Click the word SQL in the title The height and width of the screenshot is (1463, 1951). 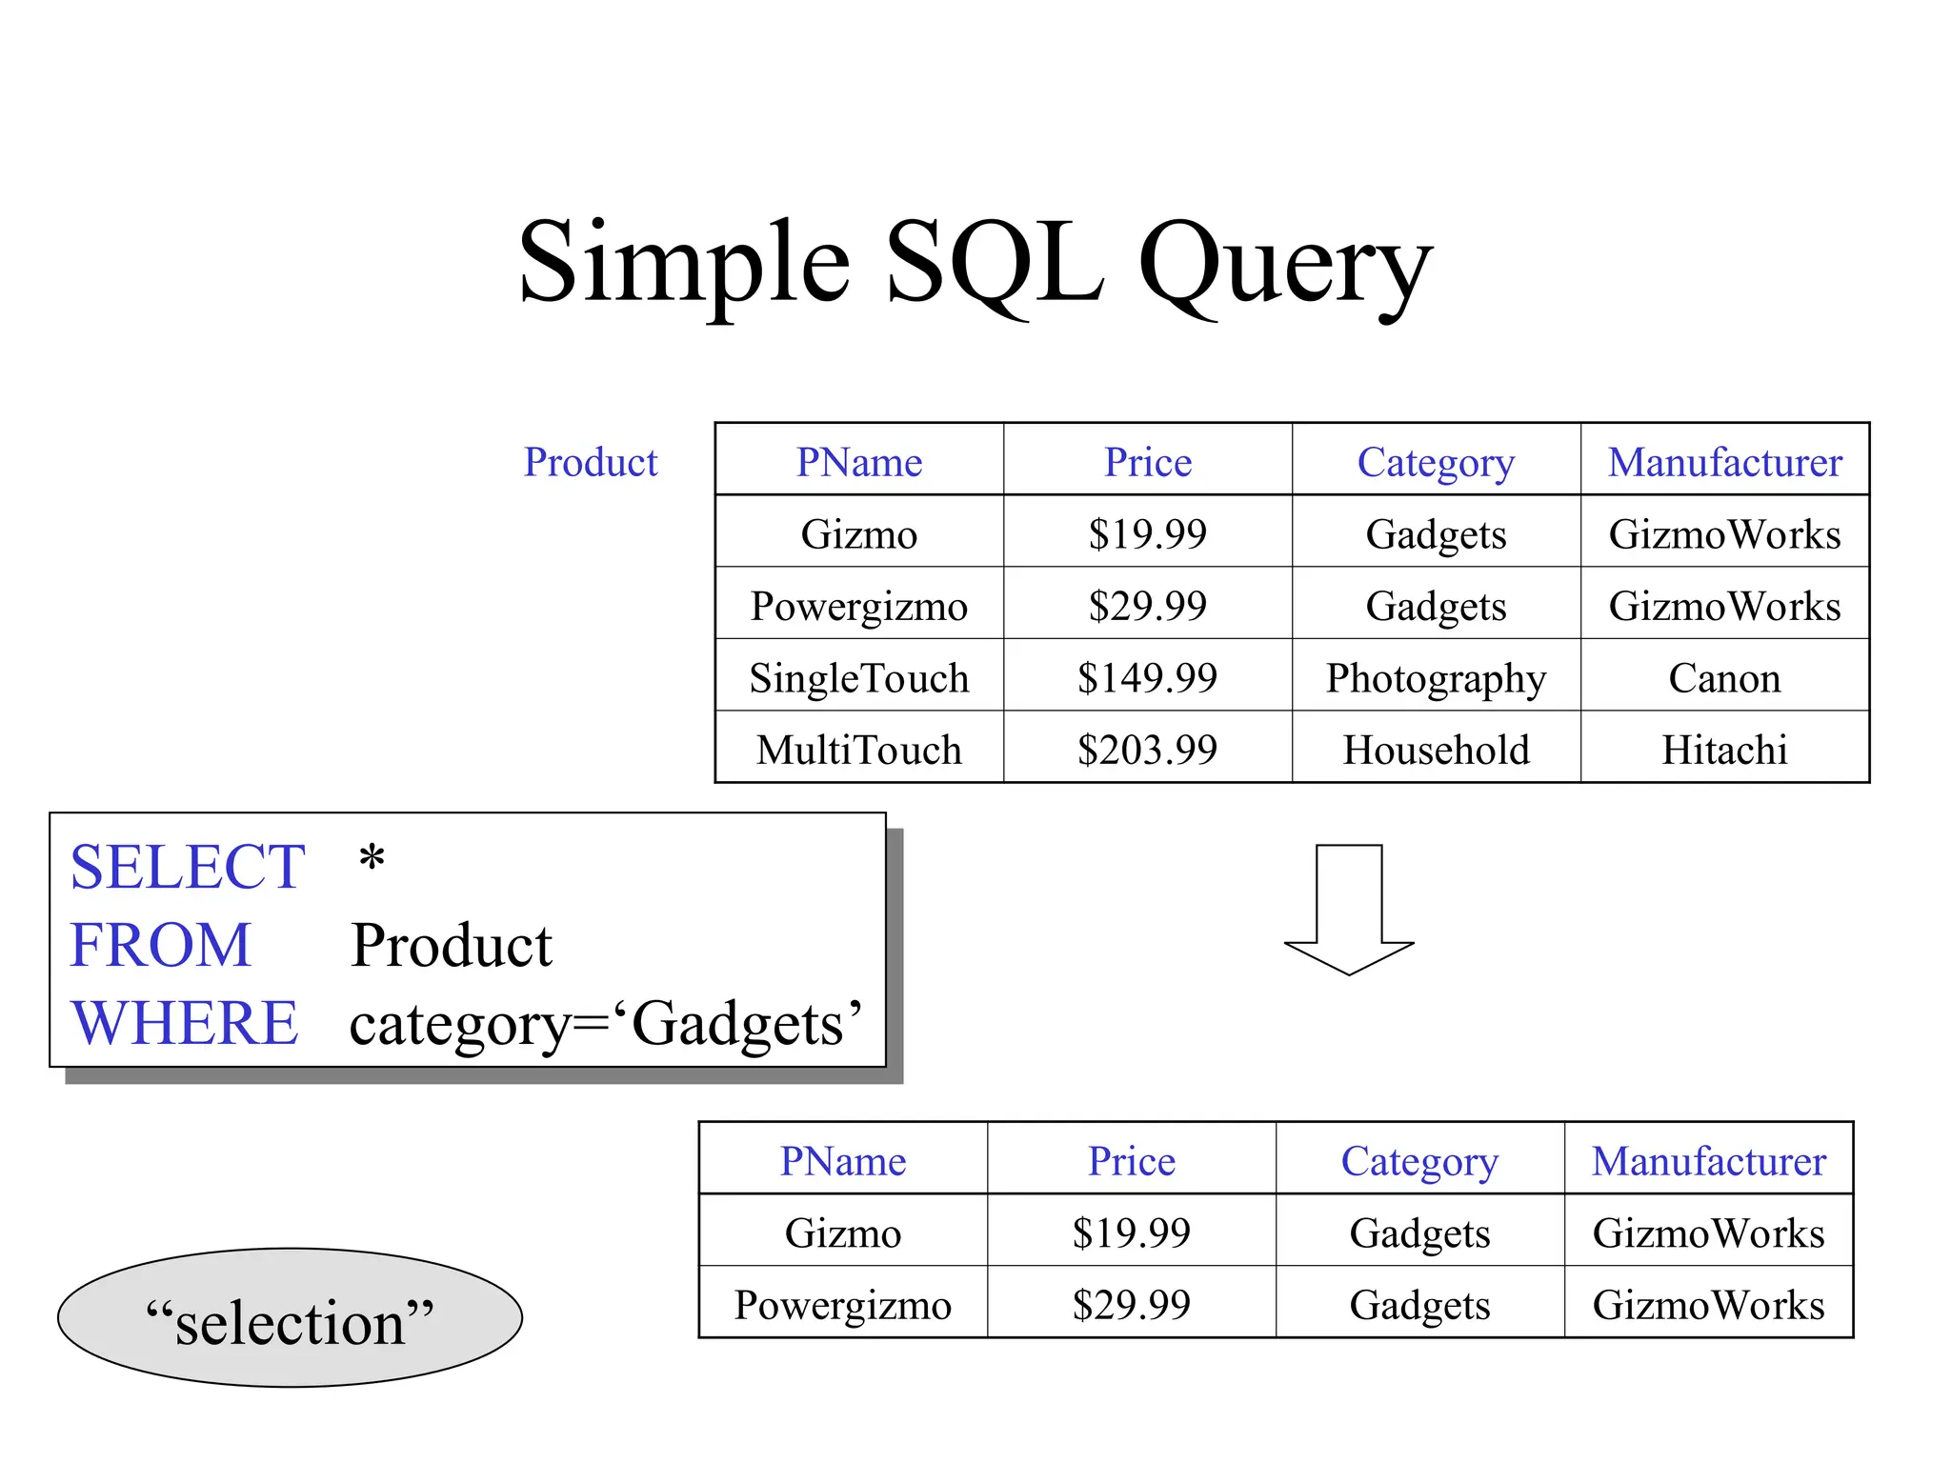point(996,262)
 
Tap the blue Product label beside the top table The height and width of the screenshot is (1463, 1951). point(591,463)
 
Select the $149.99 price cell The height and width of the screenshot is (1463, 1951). point(1147,678)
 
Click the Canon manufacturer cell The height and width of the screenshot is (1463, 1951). point(1724,678)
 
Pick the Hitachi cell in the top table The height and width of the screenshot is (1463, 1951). point(1724,751)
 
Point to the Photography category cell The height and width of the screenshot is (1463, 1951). point(1436,678)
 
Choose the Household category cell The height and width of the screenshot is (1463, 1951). point(1436,751)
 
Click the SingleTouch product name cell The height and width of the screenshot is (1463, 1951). point(859,678)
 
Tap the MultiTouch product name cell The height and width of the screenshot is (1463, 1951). point(859,751)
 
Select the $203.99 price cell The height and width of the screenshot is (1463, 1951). point(1147,751)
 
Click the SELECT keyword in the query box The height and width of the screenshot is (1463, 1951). point(188,867)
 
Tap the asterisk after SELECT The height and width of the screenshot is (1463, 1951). point(372,859)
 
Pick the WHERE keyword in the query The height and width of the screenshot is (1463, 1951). point(185,1023)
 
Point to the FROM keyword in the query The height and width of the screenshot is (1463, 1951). point(160,945)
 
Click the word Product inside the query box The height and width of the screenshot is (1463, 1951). point(452,946)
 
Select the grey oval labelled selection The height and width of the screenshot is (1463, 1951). point(290,1318)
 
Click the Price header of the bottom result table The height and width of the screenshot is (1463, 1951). point(1131,1161)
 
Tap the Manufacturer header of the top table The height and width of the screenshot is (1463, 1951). point(1724,463)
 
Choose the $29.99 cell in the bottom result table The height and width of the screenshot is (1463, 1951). point(1131,1305)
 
